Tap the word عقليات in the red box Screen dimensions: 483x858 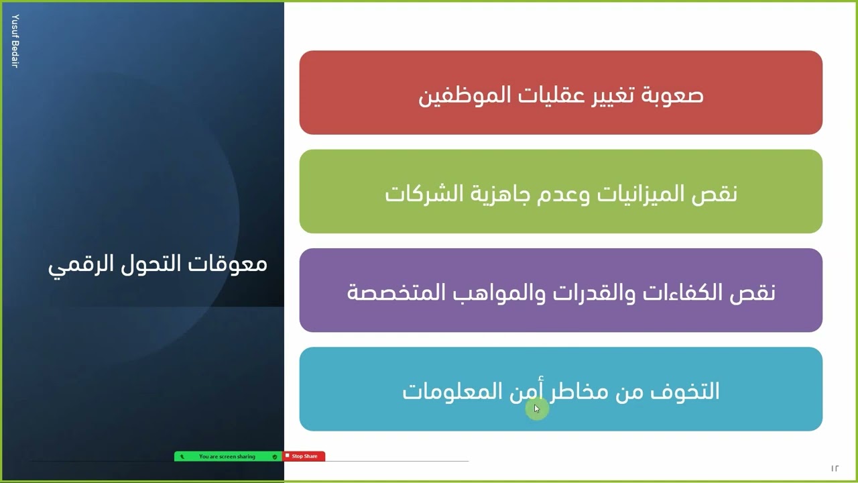(551, 95)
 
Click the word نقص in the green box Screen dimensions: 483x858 (720, 194)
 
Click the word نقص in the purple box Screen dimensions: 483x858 (758, 292)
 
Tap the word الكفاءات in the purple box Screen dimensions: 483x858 (688, 292)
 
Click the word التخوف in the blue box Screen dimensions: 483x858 (688, 391)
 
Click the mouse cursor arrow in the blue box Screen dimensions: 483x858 (536, 408)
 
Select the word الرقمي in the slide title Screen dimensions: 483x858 (77, 264)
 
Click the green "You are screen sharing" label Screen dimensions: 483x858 (227, 456)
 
